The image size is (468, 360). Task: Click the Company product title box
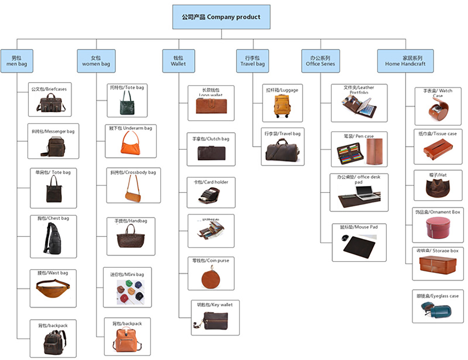[221, 17]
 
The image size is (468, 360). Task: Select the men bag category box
[16, 61]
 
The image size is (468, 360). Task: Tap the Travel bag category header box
[252, 61]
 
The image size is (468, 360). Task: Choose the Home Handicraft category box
[405, 61]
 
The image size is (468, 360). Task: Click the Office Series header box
[320, 61]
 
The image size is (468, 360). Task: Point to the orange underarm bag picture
[131, 143]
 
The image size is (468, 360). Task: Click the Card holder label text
[211, 182]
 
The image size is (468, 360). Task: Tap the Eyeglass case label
[438, 296]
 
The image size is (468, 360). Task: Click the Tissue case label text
[438, 134]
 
